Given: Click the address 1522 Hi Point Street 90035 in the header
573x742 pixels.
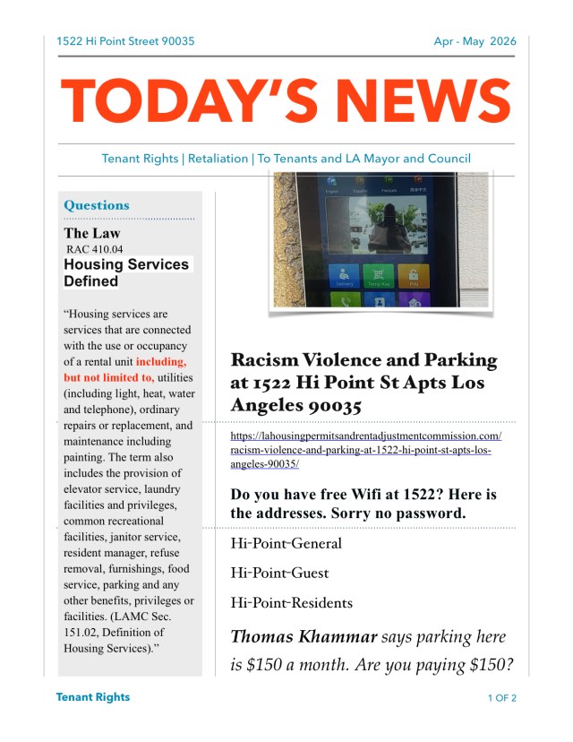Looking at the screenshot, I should (x=125, y=41).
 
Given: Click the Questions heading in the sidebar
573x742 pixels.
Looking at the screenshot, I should (x=97, y=205).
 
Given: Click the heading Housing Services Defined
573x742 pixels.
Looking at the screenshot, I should (x=126, y=272).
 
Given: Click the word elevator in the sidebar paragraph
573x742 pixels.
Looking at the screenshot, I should (x=86, y=489).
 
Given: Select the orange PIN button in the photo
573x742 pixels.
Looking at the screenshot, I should (x=413, y=277).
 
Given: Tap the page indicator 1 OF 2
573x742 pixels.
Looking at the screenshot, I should (x=502, y=697).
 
